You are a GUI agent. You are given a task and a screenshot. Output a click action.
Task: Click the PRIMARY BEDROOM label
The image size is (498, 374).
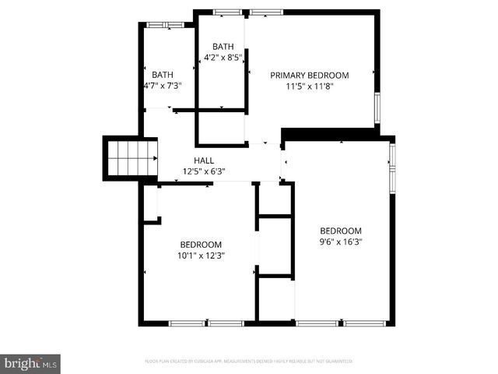[309, 75]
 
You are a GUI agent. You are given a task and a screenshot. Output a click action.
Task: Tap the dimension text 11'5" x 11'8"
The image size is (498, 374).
[309, 86]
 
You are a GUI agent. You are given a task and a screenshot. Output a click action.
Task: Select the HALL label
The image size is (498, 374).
[204, 160]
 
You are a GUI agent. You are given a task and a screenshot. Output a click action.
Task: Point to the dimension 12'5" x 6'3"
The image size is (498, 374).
[204, 171]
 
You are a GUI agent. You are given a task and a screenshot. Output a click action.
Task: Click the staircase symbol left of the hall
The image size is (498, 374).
[130, 158]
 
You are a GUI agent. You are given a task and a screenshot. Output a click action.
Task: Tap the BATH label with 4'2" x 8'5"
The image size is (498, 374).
[223, 46]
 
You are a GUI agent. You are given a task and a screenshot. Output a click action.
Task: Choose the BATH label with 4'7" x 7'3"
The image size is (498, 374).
[163, 75]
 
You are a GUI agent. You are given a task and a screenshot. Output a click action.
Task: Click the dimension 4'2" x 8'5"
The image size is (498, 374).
[223, 57]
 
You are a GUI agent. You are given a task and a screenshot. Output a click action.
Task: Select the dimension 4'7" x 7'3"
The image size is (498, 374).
[163, 86]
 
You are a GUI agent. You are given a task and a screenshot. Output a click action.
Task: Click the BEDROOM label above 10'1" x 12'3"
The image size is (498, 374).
[201, 244]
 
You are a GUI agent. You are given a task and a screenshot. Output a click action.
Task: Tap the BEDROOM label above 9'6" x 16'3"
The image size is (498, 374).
[341, 231]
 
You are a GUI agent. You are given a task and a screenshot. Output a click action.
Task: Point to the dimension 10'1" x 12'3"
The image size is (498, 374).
[201, 256]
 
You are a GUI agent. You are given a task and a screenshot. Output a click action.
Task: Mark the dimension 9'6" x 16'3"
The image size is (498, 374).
[341, 242]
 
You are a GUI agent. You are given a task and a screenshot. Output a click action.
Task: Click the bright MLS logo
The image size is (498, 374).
[31, 363]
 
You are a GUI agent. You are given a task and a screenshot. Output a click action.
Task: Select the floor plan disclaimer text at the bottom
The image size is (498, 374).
[249, 361]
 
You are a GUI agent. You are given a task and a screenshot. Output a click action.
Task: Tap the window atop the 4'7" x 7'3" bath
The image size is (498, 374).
[166, 25]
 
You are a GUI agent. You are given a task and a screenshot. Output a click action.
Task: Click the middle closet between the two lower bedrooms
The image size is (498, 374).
[275, 246]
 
